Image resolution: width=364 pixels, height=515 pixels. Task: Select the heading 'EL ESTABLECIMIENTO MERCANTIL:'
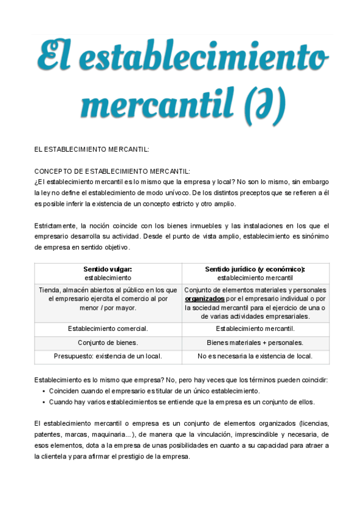(92, 149)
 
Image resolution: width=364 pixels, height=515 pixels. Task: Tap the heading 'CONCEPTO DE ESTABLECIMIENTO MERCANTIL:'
(112, 171)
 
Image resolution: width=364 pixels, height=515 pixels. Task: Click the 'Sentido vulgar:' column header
(107, 269)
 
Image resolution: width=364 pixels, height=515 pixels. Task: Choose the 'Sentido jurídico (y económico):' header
(255, 269)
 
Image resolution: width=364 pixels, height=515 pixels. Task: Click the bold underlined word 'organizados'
(204, 299)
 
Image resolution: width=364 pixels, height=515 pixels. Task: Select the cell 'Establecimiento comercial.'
(107, 329)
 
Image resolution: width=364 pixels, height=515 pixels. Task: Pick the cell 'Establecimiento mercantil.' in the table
(255, 329)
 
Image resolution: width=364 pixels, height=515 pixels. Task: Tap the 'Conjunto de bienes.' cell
(107, 343)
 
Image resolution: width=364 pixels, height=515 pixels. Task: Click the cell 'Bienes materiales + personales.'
(255, 343)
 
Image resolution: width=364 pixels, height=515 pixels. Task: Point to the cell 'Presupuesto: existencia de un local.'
(107, 356)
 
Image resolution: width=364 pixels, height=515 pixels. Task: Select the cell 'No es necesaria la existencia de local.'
(255, 356)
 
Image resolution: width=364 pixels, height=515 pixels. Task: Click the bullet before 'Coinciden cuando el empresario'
(44, 391)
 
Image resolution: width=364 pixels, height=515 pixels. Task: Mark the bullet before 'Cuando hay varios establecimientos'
(44, 402)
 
